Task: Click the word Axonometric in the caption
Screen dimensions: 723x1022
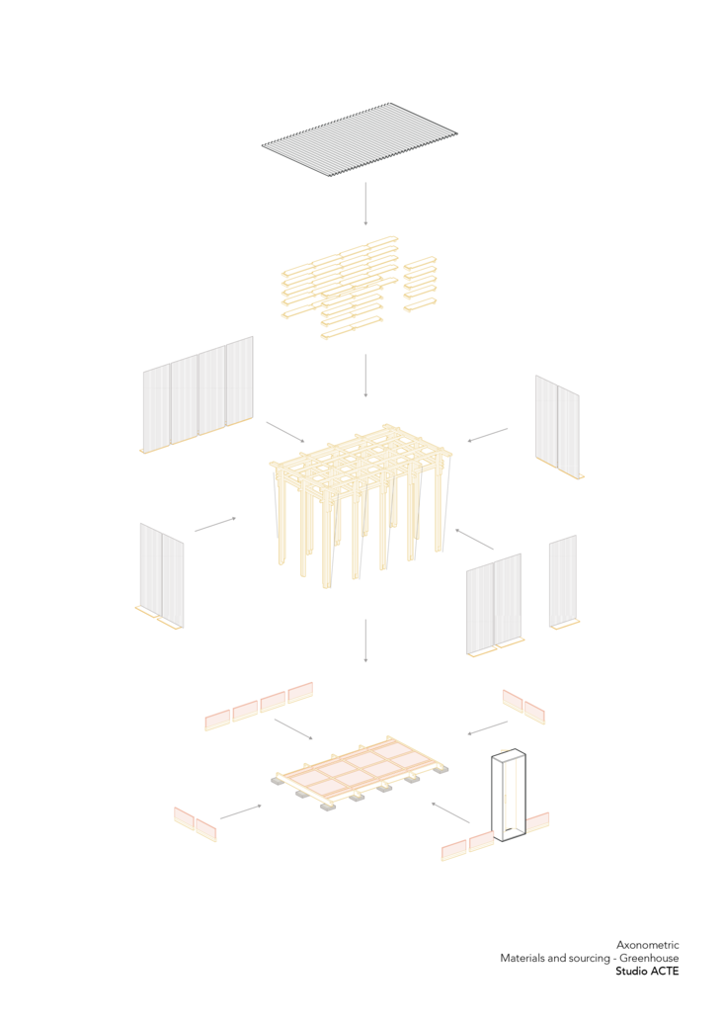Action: tap(648, 945)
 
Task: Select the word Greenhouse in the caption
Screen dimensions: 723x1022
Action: tap(649, 958)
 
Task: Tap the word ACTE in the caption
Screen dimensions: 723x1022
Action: tap(663, 971)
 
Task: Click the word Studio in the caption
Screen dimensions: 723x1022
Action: tap(630, 971)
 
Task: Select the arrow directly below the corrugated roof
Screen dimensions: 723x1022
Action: tap(365, 204)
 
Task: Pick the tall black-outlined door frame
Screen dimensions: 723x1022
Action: tap(509, 796)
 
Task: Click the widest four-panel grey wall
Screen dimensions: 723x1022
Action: tap(198, 393)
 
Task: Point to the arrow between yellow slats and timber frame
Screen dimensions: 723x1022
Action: tap(365, 376)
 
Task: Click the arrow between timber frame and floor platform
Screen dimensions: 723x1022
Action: tap(365, 640)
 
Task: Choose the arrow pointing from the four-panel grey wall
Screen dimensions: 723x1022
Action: tap(285, 432)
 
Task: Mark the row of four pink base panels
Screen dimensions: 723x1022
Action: tap(259, 706)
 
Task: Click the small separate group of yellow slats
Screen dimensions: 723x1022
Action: tap(420, 285)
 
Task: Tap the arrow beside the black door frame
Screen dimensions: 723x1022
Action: tap(450, 812)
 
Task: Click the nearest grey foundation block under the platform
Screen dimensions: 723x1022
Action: tap(328, 808)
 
